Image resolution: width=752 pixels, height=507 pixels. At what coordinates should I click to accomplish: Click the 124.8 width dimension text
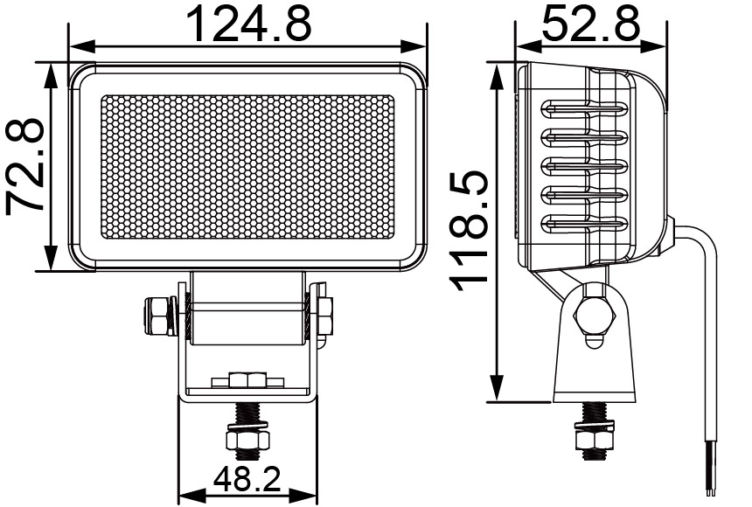coord(249,24)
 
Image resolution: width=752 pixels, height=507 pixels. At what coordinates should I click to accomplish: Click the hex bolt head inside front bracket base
coord(247,379)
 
